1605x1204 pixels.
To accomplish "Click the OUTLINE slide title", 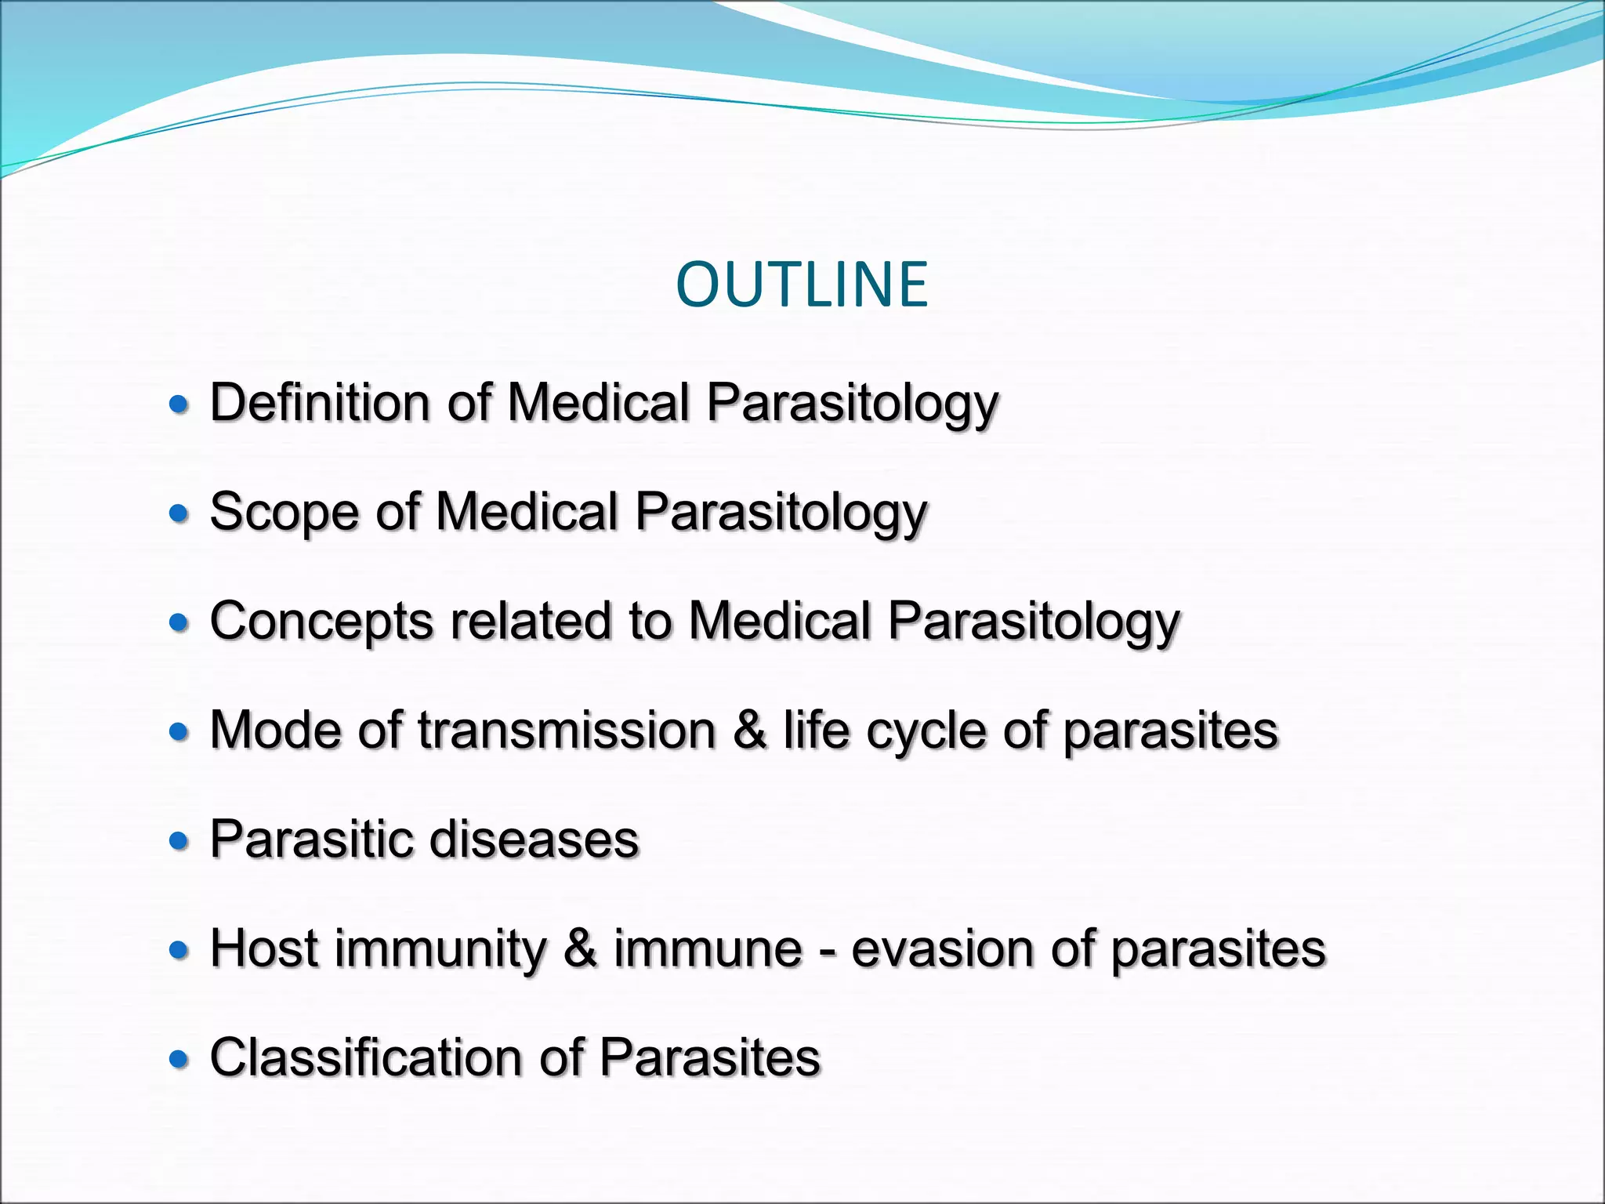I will tap(802, 284).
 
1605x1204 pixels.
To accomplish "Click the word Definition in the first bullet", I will tap(320, 402).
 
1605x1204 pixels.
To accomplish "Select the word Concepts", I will tap(321, 622).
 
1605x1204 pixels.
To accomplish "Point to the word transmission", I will tap(567, 731).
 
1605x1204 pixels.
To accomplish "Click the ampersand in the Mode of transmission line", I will tap(750, 731).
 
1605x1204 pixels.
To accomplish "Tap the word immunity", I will tap(440, 949).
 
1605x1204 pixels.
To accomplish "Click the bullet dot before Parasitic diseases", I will tap(179, 841).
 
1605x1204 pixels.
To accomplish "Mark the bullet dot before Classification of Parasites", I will tap(179, 1060).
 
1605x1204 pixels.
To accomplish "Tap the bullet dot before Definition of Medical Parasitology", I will tap(179, 404).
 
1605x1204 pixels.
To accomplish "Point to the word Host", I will tap(264, 949).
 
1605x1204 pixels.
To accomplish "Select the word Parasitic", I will tap(311, 840).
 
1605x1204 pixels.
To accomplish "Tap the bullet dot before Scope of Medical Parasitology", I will tap(179, 513).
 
